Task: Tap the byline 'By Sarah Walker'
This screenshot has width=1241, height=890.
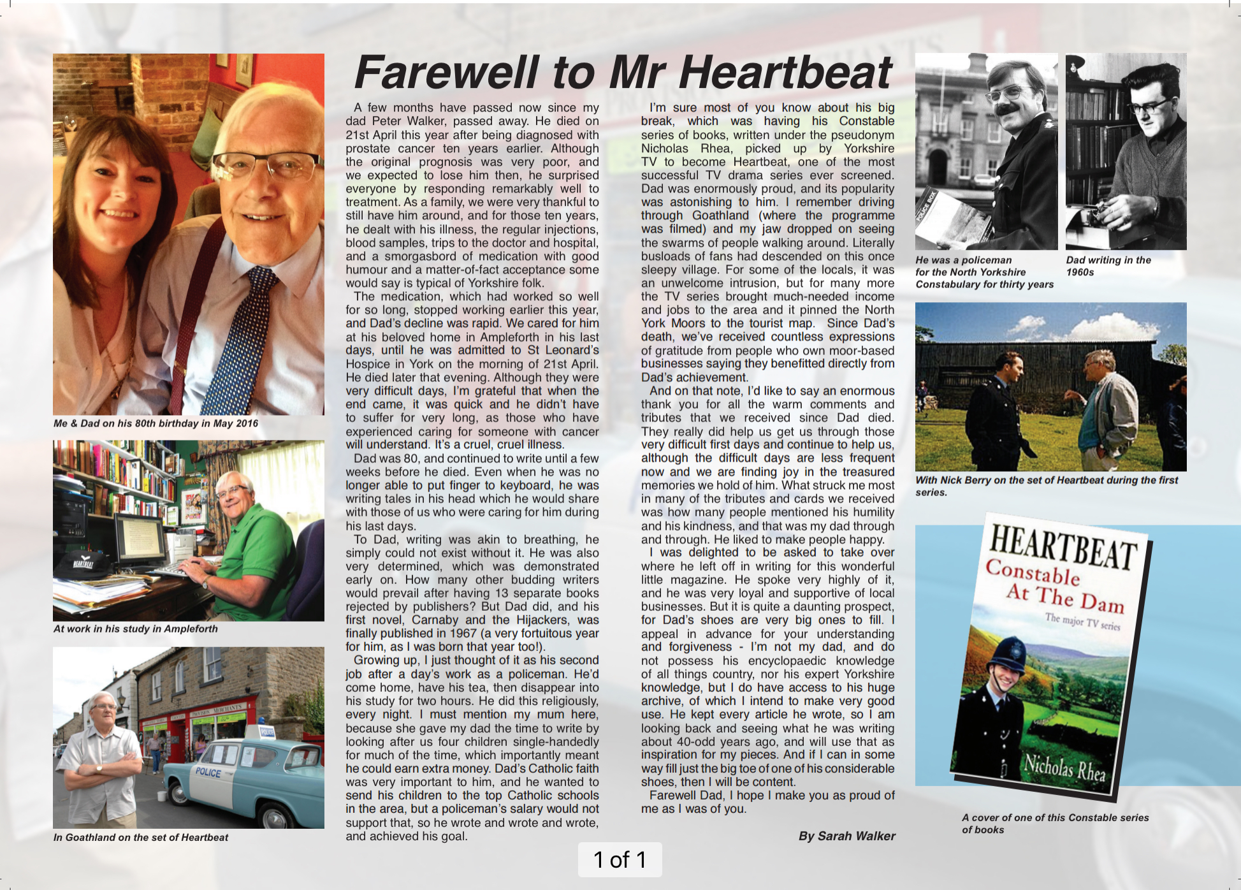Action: click(x=846, y=836)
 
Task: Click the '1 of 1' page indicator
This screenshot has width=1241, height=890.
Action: click(x=620, y=859)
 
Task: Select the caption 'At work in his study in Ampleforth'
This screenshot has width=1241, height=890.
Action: click(x=136, y=629)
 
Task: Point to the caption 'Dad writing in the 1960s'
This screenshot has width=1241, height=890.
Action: click(x=1108, y=266)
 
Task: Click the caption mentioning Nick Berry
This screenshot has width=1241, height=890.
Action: click(x=1047, y=486)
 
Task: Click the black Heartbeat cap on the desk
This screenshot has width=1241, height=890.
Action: click(x=80, y=564)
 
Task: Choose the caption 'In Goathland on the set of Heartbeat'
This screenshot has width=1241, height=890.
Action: click(x=141, y=838)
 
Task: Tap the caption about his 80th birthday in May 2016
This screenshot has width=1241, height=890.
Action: click(x=156, y=423)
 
